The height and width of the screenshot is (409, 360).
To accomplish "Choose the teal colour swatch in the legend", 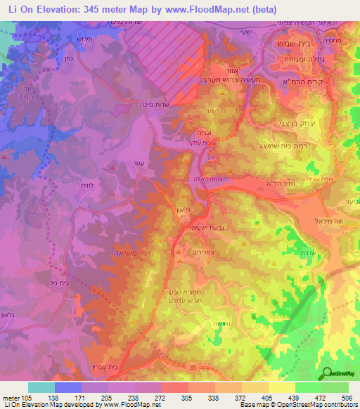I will click(x=41, y=387).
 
